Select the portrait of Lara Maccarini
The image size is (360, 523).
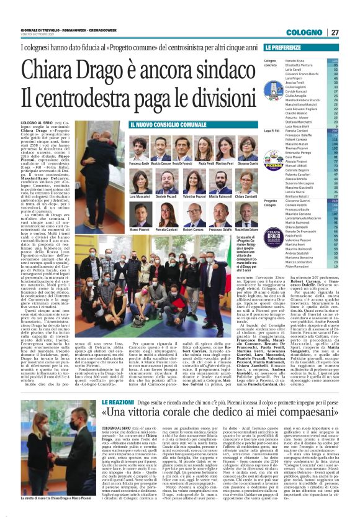tap(140, 183)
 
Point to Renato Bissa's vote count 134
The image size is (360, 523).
tap(335, 61)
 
